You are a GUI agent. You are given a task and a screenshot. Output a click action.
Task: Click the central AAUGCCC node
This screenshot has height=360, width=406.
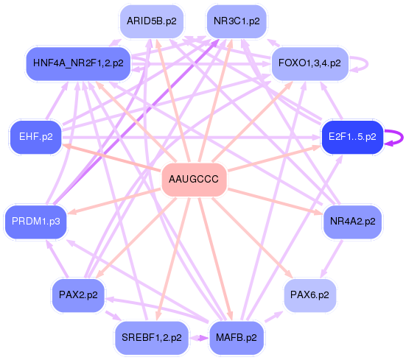(x=194, y=180)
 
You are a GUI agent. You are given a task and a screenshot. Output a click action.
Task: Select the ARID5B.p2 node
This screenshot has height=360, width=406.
(x=152, y=21)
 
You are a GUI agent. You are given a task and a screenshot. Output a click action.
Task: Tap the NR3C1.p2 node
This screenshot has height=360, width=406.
(x=237, y=21)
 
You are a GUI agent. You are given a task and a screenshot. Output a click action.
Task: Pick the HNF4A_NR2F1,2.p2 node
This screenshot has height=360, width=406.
(x=78, y=63)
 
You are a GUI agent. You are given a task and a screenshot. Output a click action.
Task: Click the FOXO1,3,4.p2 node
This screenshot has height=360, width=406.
(x=309, y=63)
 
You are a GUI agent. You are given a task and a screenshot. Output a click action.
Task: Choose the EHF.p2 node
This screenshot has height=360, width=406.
(x=36, y=137)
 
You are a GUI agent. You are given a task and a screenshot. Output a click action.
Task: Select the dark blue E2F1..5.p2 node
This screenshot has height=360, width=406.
(x=352, y=137)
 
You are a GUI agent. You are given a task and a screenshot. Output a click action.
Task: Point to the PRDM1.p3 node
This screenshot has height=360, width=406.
(x=35, y=222)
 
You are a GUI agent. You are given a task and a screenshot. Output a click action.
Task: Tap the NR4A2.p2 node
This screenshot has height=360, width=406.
(x=352, y=222)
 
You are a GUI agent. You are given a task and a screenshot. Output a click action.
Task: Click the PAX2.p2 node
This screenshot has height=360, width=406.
(x=78, y=295)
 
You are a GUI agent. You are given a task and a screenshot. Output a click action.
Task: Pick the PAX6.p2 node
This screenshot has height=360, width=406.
(x=309, y=295)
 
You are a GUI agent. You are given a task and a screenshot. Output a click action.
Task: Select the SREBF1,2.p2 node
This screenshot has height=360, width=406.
(x=152, y=338)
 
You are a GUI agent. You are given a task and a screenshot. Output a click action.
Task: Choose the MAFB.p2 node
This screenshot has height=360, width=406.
(x=237, y=338)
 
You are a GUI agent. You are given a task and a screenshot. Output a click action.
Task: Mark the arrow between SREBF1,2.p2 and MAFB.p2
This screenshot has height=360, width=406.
(x=199, y=338)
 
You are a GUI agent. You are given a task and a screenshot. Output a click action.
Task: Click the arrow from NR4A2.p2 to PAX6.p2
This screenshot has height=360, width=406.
(x=332, y=259)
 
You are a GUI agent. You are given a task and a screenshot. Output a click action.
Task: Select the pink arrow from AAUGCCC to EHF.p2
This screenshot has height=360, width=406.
(x=112, y=158)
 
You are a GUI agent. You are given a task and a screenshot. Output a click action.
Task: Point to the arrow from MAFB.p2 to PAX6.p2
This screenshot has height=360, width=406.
(x=274, y=317)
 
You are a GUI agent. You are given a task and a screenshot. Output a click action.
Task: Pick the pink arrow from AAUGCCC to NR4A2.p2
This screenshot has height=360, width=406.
(x=275, y=202)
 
